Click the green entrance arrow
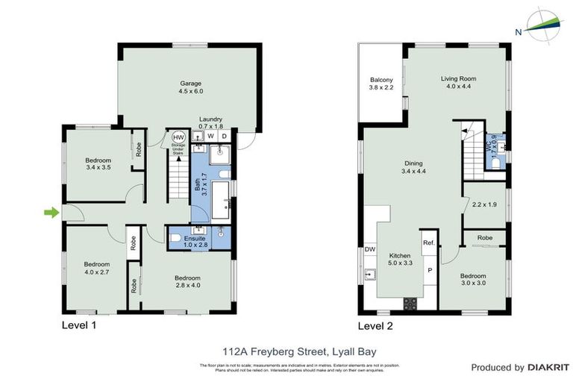coord(50,213)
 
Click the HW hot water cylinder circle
coord(179,137)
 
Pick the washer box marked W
coord(210,137)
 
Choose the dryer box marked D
coord(224,137)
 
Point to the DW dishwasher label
coord(370,249)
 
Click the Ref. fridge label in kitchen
coord(428,243)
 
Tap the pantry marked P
coord(429,270)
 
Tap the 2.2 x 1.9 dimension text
coord(483,204)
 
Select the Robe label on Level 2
coord(484,239)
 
